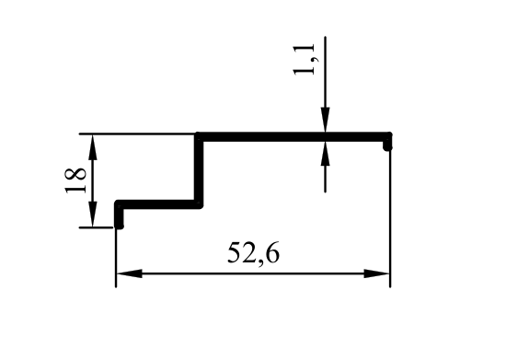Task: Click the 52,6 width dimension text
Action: (253, 253)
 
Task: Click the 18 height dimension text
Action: (76, 180)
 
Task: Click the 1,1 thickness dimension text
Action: (304, 60)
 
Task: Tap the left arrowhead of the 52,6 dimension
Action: (129, 273)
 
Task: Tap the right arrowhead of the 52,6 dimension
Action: (377, 273)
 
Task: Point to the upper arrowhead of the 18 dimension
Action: (93, 147)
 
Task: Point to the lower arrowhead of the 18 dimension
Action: (93, 215)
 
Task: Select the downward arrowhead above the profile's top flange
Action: (325, 120)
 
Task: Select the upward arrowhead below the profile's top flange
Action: (325, 154)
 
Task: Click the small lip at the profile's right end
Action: (387, 144)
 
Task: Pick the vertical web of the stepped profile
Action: (199, 170)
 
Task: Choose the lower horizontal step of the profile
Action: (159, 204)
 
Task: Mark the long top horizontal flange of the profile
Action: (293, 136)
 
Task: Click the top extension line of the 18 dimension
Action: (137, 134)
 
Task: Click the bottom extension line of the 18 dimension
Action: (97, 227)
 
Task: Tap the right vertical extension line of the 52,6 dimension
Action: (390, 218)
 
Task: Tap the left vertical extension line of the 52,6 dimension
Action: (116, 257)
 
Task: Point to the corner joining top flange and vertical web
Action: (199, 136)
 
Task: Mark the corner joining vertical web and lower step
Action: (199, 204)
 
